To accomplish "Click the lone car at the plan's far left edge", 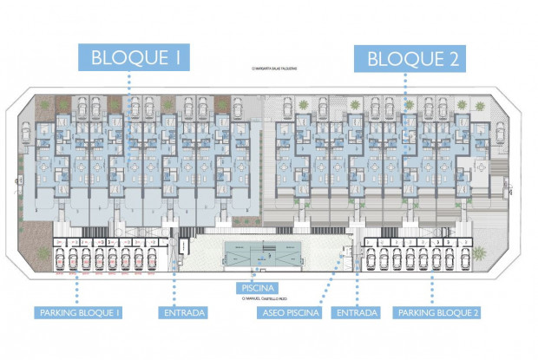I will pyautogui.click(x=26, y=133).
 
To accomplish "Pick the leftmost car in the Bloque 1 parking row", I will pyautogui.click(x=61, y=259).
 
